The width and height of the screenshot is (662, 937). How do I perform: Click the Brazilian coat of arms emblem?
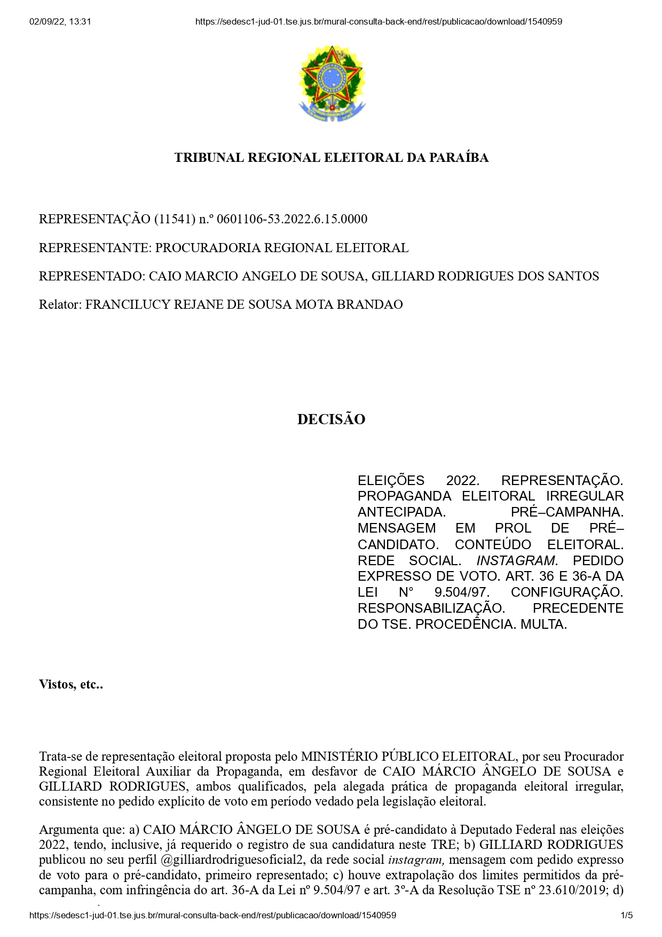tap(332, 83)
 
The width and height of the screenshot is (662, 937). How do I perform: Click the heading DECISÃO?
tap(331, 419)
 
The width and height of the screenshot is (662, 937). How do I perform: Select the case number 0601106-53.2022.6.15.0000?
tap(292, 219)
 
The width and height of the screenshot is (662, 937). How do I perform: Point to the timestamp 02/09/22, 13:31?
tap(60, 22)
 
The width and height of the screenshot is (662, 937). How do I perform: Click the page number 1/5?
tap(626, 915)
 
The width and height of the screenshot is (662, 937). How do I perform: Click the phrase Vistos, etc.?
tap(70, 684)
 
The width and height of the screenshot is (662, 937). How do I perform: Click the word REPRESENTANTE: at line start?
tap(96, 248)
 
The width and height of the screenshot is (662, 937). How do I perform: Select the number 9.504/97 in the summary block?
tap(462, 592)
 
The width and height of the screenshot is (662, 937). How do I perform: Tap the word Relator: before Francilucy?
tap(60, 304)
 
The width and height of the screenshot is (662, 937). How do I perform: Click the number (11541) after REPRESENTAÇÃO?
tap(175, 219)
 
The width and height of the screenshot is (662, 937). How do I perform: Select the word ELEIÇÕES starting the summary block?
tap(391, 480)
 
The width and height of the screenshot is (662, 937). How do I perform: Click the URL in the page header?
tap(379, 22)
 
